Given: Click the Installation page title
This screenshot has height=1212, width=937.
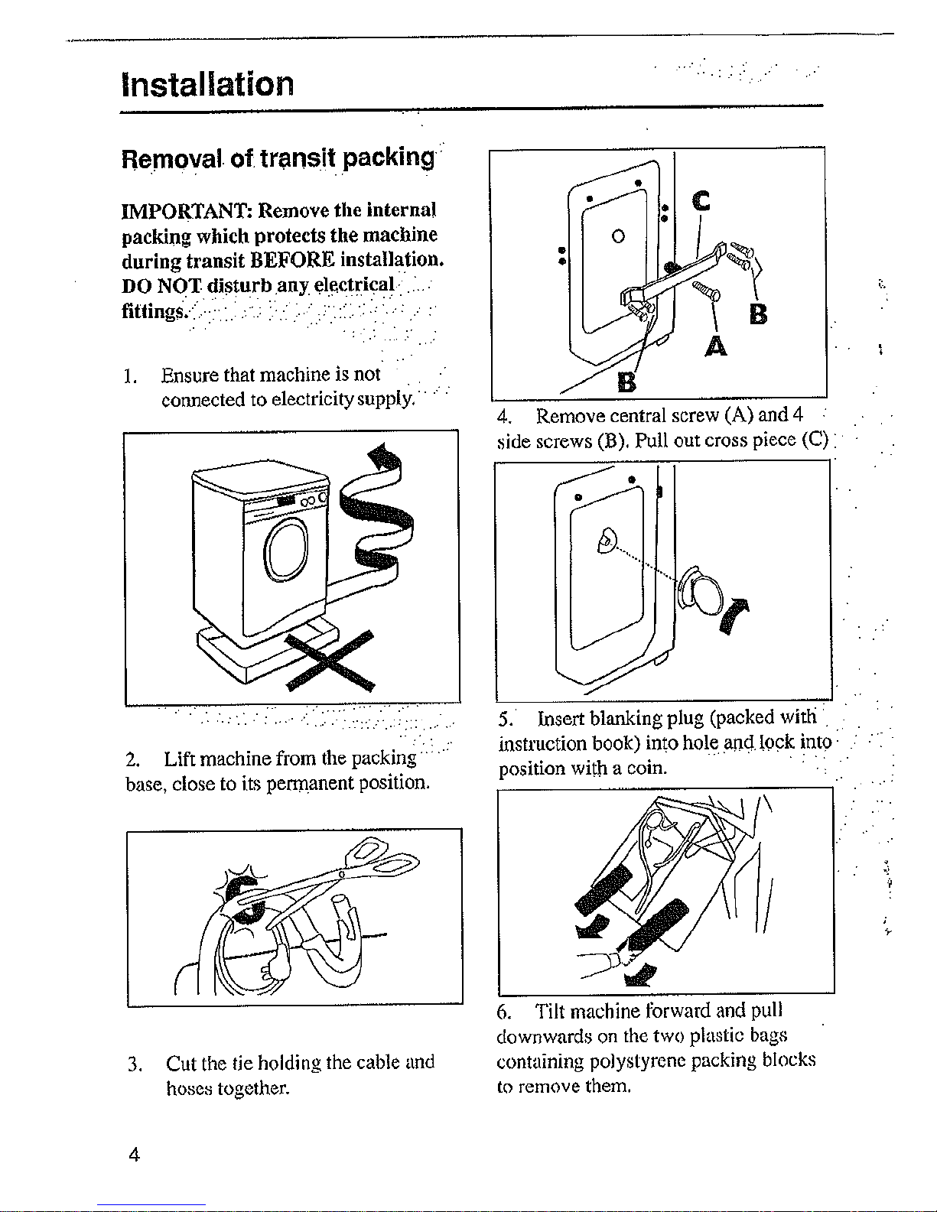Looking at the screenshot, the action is click(x=207, y=84).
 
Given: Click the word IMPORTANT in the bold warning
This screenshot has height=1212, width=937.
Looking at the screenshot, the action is click(x=187, y=211).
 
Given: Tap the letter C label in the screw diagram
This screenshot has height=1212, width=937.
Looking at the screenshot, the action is click(x=701, y=201).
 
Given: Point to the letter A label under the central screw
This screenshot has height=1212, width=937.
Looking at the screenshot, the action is click(x=716, y=346).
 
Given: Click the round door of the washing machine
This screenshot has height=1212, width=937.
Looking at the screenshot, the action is click(x=286, y=549).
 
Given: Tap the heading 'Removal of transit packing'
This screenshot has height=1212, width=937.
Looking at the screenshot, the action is click(x=278, y=158).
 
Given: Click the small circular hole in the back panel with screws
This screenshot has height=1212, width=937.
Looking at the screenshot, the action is click(x=618, y=236).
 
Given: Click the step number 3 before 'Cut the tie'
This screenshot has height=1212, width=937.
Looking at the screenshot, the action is click(x=135, y=1064).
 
